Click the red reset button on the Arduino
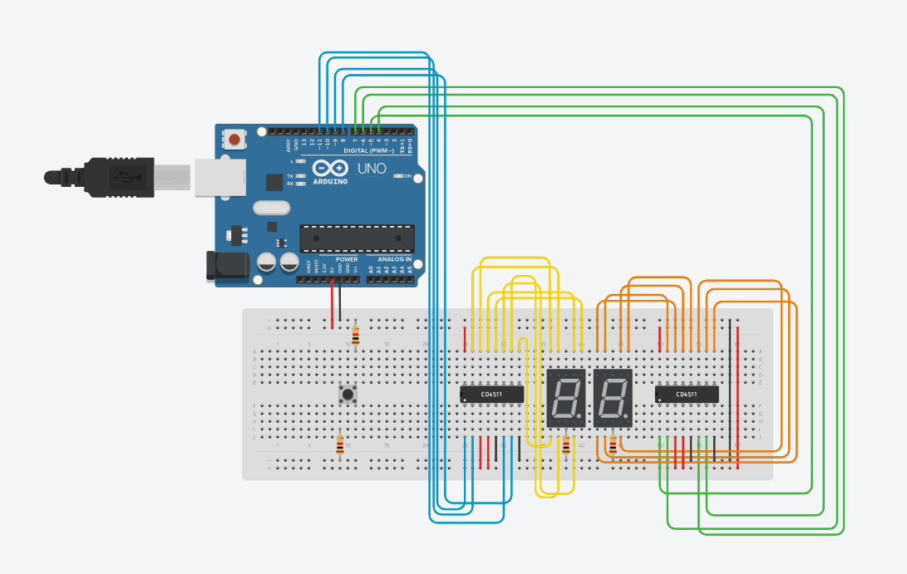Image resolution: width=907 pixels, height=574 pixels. pos(236,140)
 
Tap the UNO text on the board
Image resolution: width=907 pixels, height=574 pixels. pos(371,169)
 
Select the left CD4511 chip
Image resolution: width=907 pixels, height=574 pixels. pos(492,394)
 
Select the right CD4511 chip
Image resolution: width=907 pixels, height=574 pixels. pos(687,394)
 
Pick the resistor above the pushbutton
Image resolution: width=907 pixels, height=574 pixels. pos(357,335)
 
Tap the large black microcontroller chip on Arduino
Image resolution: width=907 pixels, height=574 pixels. pos(357,238)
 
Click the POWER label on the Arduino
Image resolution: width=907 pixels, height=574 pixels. pos(347,259)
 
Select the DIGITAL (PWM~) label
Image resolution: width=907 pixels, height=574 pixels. pos(372,151)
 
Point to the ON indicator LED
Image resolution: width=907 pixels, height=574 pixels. pos(398,176)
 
